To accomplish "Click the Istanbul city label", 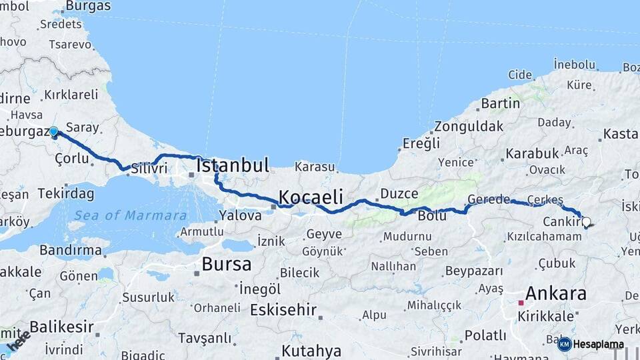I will point(233,165).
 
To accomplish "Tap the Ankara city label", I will point(556,293).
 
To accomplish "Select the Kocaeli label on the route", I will point(311,197).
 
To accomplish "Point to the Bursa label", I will point(227,264).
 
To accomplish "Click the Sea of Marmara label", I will point(131,215).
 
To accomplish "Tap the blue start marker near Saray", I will point(53,132).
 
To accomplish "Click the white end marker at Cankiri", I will point(586,222).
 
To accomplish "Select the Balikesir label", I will point(61,327).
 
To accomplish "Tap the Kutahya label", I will point(311,351).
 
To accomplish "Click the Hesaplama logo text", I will point(598,345).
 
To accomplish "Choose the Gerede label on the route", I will point(489,199).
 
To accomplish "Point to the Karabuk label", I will point(532,153).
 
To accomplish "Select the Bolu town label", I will point(431,216).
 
